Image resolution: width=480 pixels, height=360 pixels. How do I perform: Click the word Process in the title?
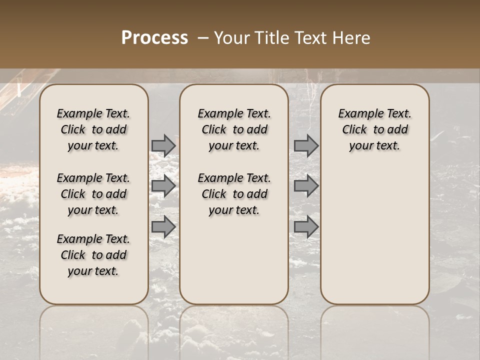(x=154, y=38)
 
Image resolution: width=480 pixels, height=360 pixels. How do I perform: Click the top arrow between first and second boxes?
(x=163, y=145)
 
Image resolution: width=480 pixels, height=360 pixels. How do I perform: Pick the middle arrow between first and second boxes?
(x=163, y=186)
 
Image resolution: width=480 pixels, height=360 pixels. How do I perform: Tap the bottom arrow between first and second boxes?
(x=163, y=226)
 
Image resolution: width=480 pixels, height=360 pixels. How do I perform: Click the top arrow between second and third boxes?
(x=306, y=145)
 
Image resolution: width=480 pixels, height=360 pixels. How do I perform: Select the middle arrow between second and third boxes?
(x=306, y=186)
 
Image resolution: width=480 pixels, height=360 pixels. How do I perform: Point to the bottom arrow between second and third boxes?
(x=306, y=226)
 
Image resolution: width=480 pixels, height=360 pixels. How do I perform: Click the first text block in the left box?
(x=93, y=129)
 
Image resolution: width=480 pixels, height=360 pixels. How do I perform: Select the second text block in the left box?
(x=93, y=194)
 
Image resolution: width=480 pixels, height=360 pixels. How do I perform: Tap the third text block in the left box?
(x=93, y=255)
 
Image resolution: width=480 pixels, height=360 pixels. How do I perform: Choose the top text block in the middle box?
(x=234, y=129)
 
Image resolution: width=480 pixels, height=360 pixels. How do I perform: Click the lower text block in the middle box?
(x=234, y=194)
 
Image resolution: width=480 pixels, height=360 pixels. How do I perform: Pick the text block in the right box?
(x=374, y=129)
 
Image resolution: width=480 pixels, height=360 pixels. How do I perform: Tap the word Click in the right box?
(x=354, y=130)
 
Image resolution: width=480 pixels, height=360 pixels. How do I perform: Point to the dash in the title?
(x=203, y=38)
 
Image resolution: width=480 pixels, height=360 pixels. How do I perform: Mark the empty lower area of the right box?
(x=374, y=230)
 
